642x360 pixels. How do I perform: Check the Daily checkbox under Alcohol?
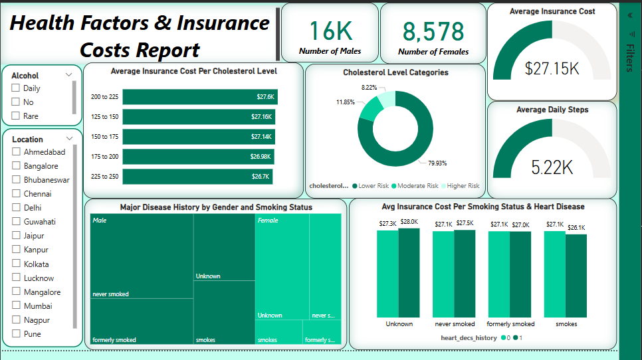[15, 88]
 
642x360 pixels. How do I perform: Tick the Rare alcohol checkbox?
[15, 116]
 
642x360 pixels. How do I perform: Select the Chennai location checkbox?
[16, 194]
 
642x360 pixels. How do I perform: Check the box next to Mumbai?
[16, 306]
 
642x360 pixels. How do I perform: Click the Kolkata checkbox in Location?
[16, 264]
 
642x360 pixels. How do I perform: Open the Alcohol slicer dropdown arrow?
[69, 75]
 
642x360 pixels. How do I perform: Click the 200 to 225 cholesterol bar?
[199, 97]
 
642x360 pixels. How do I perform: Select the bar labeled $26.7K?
[197, 177]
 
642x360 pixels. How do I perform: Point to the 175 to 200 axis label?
[104, 157]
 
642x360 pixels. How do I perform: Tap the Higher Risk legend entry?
[461, 186]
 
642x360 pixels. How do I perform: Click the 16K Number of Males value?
[330, 31]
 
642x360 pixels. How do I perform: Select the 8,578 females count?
[433, 31]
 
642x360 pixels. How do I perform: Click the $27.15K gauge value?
[552, 68]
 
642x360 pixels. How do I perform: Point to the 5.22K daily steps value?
[552, 167]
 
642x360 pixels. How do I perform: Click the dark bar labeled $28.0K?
[409, 272]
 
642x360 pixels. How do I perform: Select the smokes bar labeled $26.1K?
[576, 276]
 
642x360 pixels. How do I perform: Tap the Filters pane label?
[629, 58]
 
